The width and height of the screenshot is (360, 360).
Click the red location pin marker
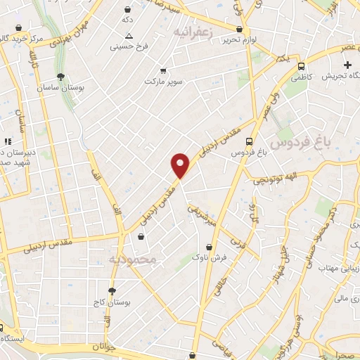point(181,166)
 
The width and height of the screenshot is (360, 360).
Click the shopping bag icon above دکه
point(127,10)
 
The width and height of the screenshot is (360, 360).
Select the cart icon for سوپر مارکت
point(164,71)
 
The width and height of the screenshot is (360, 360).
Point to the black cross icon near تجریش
point(347,65)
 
